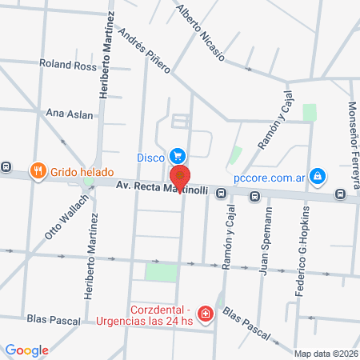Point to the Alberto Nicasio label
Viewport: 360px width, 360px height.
(x=201, y=38)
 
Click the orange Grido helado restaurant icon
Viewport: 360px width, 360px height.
(x=37, y=170)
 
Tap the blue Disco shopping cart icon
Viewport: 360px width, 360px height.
(x=178, y=156)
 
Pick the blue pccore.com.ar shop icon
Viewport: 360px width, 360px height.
(x=318, y=175)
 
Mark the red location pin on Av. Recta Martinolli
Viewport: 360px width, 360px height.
(x=181, y=176)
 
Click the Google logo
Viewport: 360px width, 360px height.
(x=26, y=350)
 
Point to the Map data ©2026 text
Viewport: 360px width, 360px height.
(x=325, y=354)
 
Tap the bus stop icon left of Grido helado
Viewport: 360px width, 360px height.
(x=6, y=168)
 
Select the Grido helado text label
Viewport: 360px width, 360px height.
(x=82, y=171)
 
